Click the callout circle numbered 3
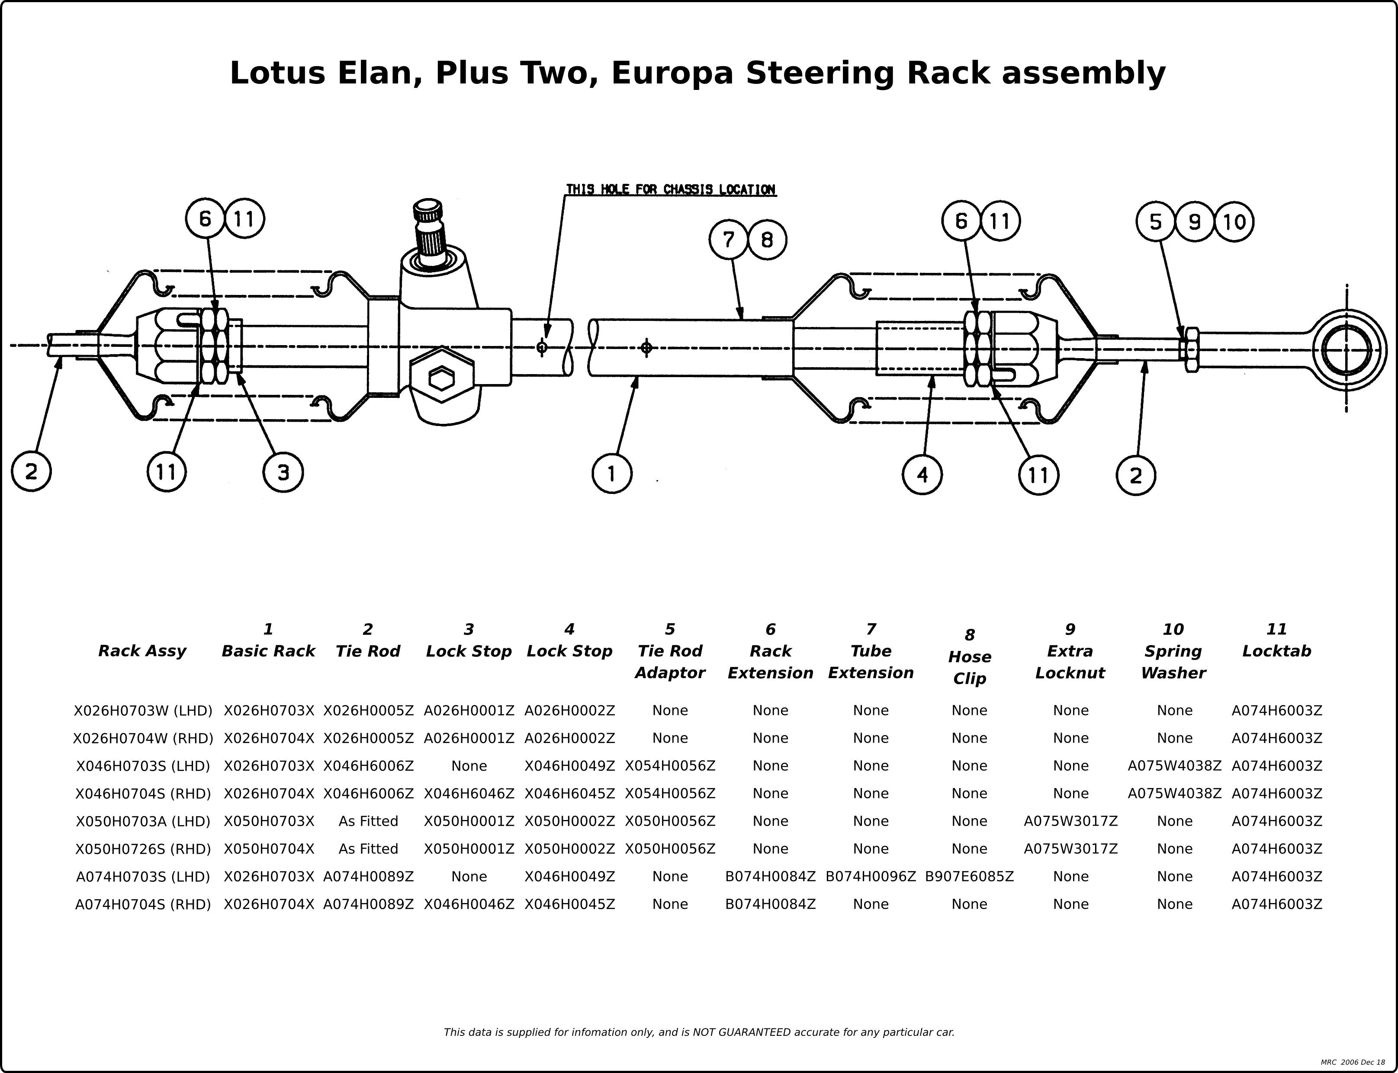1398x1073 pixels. pyautogui.click(x=283, y=473)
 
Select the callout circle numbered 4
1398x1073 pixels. pyautogui.click(x=922, y=474)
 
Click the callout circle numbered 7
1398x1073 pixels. pyautogui.click(x=728, y=240)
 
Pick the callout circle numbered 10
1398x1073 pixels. pyautogui.click(x=1234, y=222)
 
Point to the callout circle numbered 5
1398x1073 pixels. pyautogui.click(x=1156, y=221)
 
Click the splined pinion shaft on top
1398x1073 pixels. pyautogui.click(x=429, y=233)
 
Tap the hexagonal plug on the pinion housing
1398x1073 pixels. pyautogui.click(x=441, y=379)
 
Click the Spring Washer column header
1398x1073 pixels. pyautogui.click(x=1173, y=651)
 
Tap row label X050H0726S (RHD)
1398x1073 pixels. pyautogui.click(x=143, y=849)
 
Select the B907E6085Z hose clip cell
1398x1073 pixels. pyautogui.click(x=969, y=876)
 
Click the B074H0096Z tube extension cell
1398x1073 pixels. pyautogui.click(x=871, y=876)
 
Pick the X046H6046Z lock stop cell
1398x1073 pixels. pyautogui.click(x=469, y=793)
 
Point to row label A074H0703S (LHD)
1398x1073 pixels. pyautogui.click(x=143, y=876)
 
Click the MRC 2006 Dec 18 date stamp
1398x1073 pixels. pyautogui.click(x=1353, y=1062)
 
